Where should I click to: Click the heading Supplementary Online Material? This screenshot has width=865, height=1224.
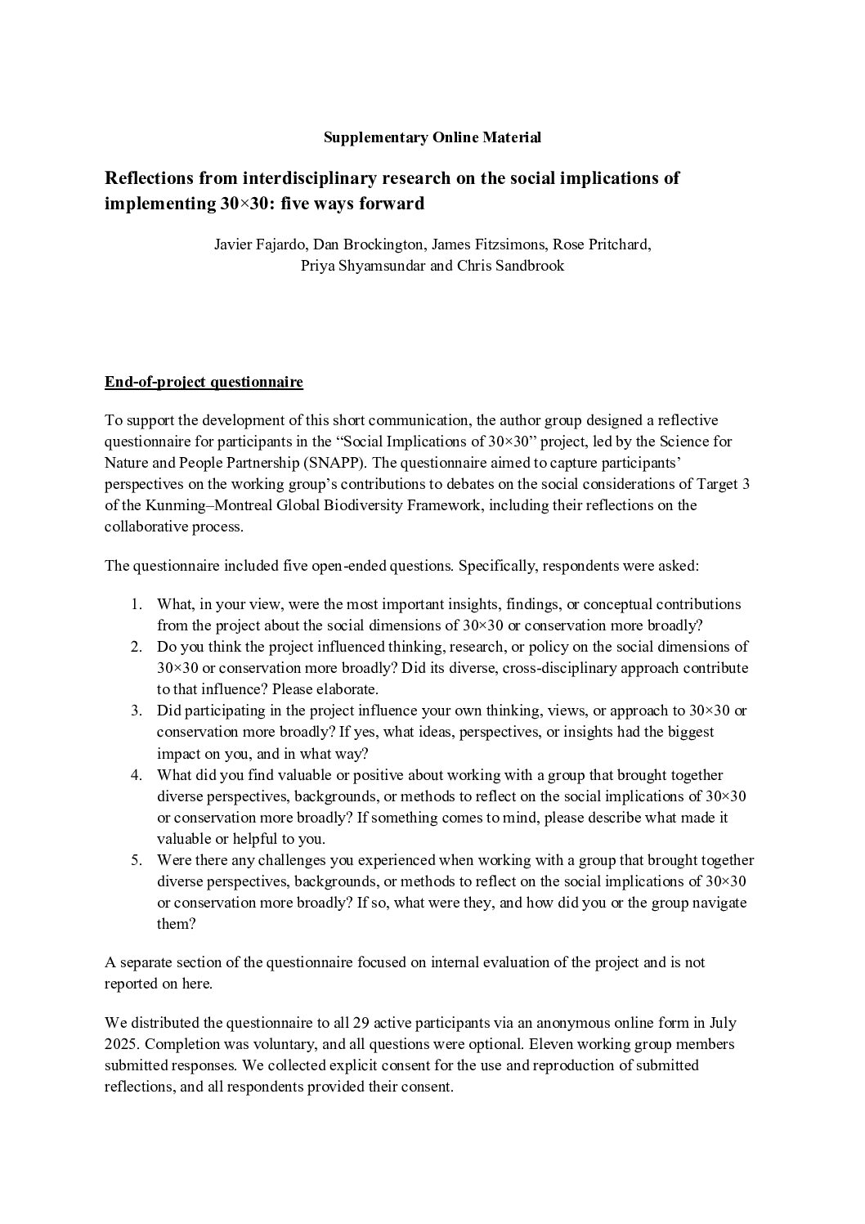pyautogui.click(x=432, y=137)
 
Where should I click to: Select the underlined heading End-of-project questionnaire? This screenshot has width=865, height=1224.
pyautogui.click(x=204, y=382)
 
